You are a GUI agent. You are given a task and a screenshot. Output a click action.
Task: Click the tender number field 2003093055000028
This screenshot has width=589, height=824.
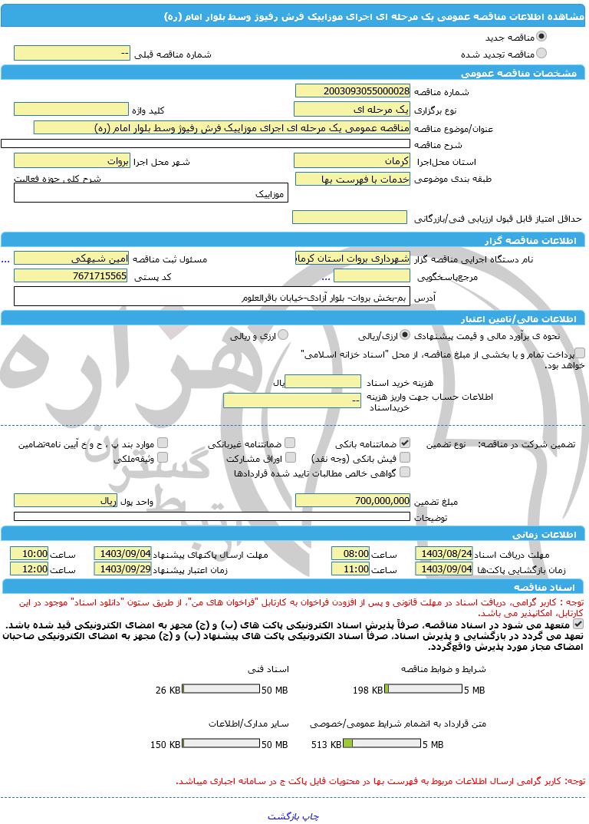pyautogui.click(x=352, y=91)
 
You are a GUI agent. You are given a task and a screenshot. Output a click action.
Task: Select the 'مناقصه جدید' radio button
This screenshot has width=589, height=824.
pyautogui.click(x=542, y=36)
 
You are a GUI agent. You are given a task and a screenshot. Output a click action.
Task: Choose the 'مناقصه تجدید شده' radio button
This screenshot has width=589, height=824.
pyautogui.click(x=542, y=53)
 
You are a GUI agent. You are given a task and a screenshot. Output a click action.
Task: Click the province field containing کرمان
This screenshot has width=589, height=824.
pyautogui.click(x=352, y=161)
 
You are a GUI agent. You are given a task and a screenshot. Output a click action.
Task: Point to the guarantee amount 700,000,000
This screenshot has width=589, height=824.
pyautogui.click(x=352, y=500)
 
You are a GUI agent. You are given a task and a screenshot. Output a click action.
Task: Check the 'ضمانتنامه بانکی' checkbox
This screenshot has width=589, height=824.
pyautogui.click(x=406, y=443)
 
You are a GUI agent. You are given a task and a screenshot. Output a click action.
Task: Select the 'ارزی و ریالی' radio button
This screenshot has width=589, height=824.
pyautogui.click(x=283, y=335)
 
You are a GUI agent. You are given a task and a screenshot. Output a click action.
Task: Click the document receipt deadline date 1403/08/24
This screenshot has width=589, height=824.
pyautogui.click(x=444, y=553)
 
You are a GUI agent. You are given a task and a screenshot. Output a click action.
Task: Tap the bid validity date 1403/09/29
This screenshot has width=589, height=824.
pyautogui.click(x=123, y=569)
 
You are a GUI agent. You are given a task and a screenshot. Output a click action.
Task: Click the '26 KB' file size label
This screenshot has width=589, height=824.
pyautogui.click(x=168, y=690)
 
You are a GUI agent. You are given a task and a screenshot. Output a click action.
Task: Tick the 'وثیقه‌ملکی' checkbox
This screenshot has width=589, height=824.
pyautogui.click(x=162, y=457)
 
